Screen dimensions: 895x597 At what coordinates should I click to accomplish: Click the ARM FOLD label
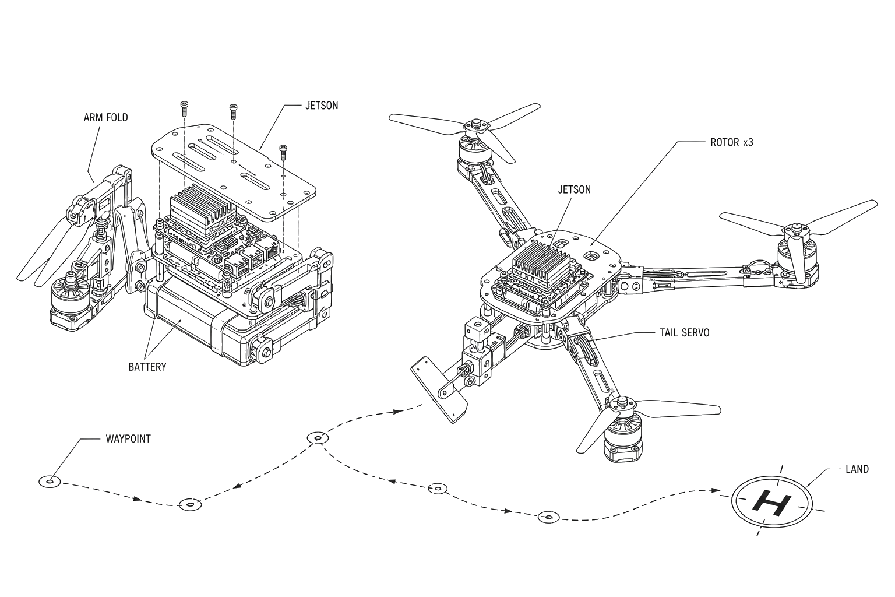[106, 118]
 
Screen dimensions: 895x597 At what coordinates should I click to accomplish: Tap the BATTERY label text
[147, 367]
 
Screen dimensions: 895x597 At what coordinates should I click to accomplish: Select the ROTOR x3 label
[732, 142]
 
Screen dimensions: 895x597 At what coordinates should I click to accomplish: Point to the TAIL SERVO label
[685, 333]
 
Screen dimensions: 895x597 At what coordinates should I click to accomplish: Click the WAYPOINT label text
[128, 438]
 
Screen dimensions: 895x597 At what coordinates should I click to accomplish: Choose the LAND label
[857, 469]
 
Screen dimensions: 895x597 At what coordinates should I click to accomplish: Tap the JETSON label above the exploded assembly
[322, 106]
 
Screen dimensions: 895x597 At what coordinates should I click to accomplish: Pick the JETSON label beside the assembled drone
[574, 189]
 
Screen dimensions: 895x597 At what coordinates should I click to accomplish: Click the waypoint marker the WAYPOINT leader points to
[50, 482]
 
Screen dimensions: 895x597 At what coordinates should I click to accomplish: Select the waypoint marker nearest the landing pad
[548, 517]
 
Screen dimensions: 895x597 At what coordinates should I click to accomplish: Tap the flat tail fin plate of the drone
[439, 389]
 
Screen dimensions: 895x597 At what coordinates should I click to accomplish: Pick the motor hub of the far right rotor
[792, 230]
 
